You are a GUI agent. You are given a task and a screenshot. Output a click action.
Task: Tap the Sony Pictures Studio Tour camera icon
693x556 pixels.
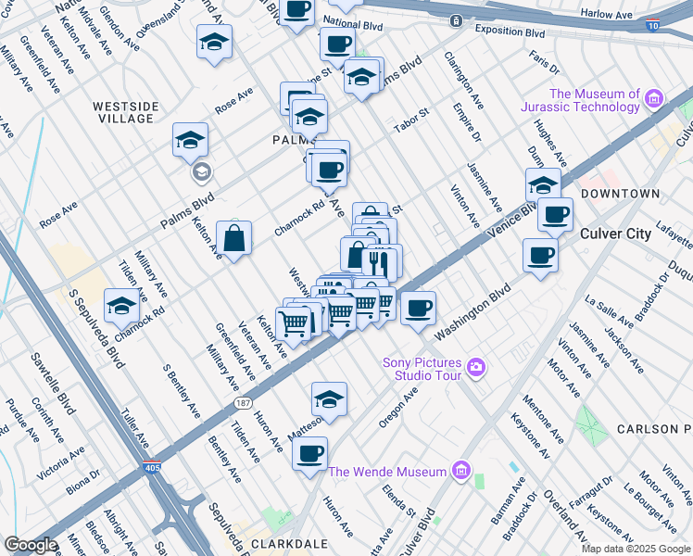476,368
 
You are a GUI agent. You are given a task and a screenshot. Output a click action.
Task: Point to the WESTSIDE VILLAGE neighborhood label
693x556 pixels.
123,112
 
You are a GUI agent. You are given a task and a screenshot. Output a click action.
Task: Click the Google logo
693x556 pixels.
31,545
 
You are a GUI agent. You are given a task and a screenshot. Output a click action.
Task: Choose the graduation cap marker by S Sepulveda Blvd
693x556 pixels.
122,306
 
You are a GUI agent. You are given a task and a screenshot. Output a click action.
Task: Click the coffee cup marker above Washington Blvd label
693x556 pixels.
418,307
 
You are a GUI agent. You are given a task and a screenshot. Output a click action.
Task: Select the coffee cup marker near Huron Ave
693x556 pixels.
310,453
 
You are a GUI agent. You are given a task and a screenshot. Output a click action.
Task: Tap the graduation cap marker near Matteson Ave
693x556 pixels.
329,398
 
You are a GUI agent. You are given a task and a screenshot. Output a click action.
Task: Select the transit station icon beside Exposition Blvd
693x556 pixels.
455,20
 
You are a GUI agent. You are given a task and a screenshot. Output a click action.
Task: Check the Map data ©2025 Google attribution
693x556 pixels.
635,549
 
